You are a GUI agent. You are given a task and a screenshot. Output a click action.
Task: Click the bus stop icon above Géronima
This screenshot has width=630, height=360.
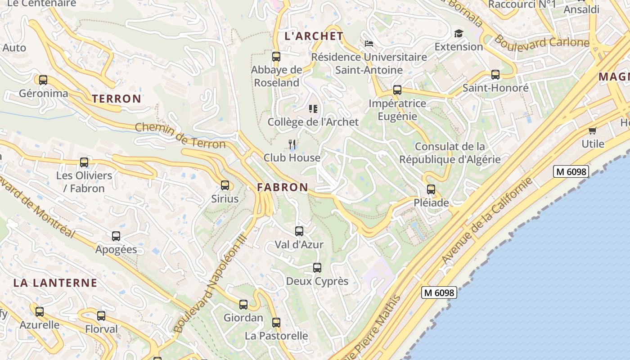(x=43, y=80)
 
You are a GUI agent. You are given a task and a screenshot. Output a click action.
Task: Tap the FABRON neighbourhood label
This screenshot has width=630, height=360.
(x=283, y=187)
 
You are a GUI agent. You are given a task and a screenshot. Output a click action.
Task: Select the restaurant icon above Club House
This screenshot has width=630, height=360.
(x=292, y=144)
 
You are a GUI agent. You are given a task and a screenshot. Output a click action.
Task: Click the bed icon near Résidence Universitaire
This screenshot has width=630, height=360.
(x=369, y=44)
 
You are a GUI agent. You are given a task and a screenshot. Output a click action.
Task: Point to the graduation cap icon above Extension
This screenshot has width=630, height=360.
(x=459, y=34)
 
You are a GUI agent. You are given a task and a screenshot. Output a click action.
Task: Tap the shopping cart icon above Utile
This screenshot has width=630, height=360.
(x=593, y=131)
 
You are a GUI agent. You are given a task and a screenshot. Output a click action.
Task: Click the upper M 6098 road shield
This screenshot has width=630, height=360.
(x=571, y=171)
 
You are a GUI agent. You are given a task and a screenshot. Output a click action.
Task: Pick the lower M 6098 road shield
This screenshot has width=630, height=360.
(x=440, y=292)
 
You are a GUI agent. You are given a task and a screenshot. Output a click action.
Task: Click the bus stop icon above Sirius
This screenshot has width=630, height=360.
(x=225, y=185)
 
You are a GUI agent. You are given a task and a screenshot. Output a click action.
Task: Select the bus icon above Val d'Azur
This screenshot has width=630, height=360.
(x=299, y=231)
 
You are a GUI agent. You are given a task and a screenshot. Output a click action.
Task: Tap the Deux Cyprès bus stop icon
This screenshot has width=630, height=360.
(x=317, y=268)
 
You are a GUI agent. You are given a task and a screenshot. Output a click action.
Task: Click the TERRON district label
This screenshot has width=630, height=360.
(x=117, y=99)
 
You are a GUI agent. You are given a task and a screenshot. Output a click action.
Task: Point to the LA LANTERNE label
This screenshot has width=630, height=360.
(x=55, y=283)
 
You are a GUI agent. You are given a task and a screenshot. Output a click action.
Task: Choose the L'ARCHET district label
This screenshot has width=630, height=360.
(x=314, y=36)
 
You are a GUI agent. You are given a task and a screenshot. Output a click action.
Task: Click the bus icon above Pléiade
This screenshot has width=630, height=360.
(x=431, y=189)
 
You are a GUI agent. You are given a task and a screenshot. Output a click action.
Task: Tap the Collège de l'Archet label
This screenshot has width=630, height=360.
(x=313, y=122)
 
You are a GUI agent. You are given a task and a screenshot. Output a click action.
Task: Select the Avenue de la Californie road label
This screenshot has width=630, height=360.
(x=487, y=221)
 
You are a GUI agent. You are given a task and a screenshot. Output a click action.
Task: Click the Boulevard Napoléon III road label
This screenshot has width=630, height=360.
(x=210, y=283)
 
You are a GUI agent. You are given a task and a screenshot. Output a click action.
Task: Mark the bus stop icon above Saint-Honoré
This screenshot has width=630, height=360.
(x=495, y=75)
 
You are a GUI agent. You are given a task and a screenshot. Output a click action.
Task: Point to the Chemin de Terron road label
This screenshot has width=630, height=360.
(x=180, y=136)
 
